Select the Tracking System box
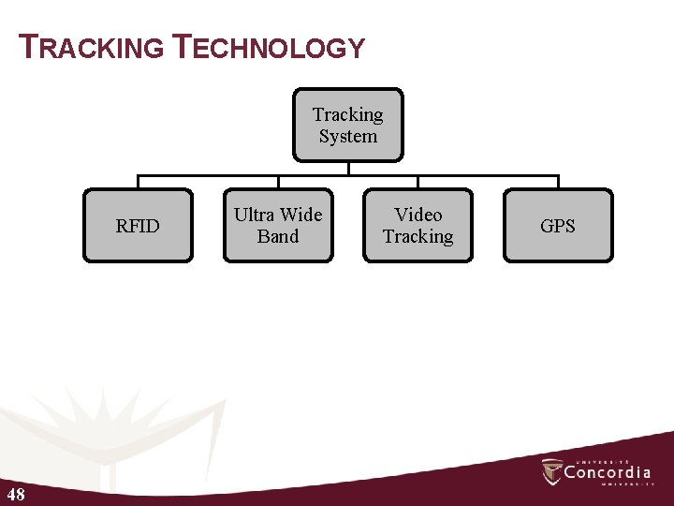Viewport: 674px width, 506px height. pos(348,125)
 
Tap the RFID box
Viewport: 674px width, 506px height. pos(138,226)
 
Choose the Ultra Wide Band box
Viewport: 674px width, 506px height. pos(278,226)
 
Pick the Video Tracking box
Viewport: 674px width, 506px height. pos(418,226)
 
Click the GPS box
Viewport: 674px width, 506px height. pos(558,226)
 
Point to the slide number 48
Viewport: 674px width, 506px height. pos(15,494)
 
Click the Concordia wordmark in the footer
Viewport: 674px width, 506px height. pos(608,472)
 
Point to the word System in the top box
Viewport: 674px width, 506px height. pos(348,137)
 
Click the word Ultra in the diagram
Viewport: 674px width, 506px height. pos(254,215)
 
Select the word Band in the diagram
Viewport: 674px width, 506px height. pos(278,237)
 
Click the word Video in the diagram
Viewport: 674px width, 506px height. pos(418,215)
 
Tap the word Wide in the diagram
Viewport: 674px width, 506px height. pos(300,215)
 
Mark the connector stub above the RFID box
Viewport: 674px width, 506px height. pos(138,182)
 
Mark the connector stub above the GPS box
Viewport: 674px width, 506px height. pos(558,182)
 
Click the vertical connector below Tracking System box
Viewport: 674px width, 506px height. pos(348,168)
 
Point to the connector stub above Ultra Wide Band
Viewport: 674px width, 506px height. pos(278,182)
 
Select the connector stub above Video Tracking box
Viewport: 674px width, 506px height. pos(418,182)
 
